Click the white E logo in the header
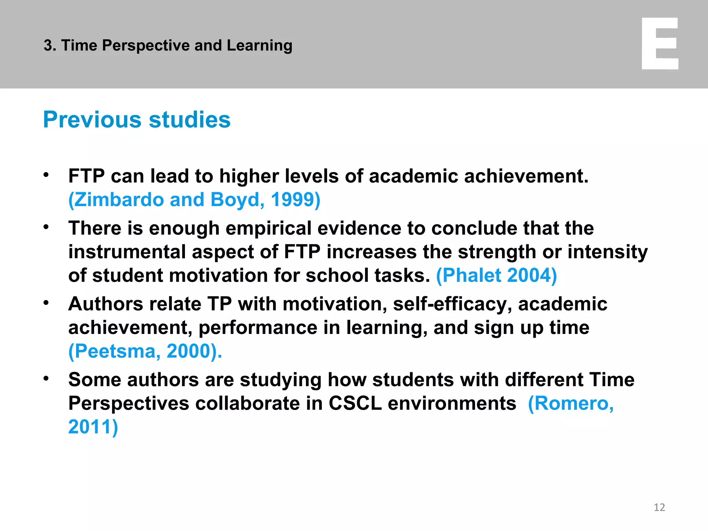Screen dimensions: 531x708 pos(660,44)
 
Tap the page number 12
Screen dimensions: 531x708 pos(659,507)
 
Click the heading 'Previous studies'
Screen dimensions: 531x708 pos(137,120)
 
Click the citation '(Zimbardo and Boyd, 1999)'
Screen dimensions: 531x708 pos(194,200)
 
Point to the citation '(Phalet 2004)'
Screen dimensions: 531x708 pos(496,276)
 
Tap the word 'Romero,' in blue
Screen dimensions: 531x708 pos(571,403)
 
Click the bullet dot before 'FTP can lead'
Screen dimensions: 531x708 pos(46,175)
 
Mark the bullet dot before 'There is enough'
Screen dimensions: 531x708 pos(46,227)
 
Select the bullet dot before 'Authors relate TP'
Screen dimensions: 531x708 pos(46,303)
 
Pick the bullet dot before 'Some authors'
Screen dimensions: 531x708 pos(46,379)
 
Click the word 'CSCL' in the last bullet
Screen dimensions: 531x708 pos(355,403)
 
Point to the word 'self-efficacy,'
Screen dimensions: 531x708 pos(453,304)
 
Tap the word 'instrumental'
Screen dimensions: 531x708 pos(127,252)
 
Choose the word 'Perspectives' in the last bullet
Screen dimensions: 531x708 pos(129,403)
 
